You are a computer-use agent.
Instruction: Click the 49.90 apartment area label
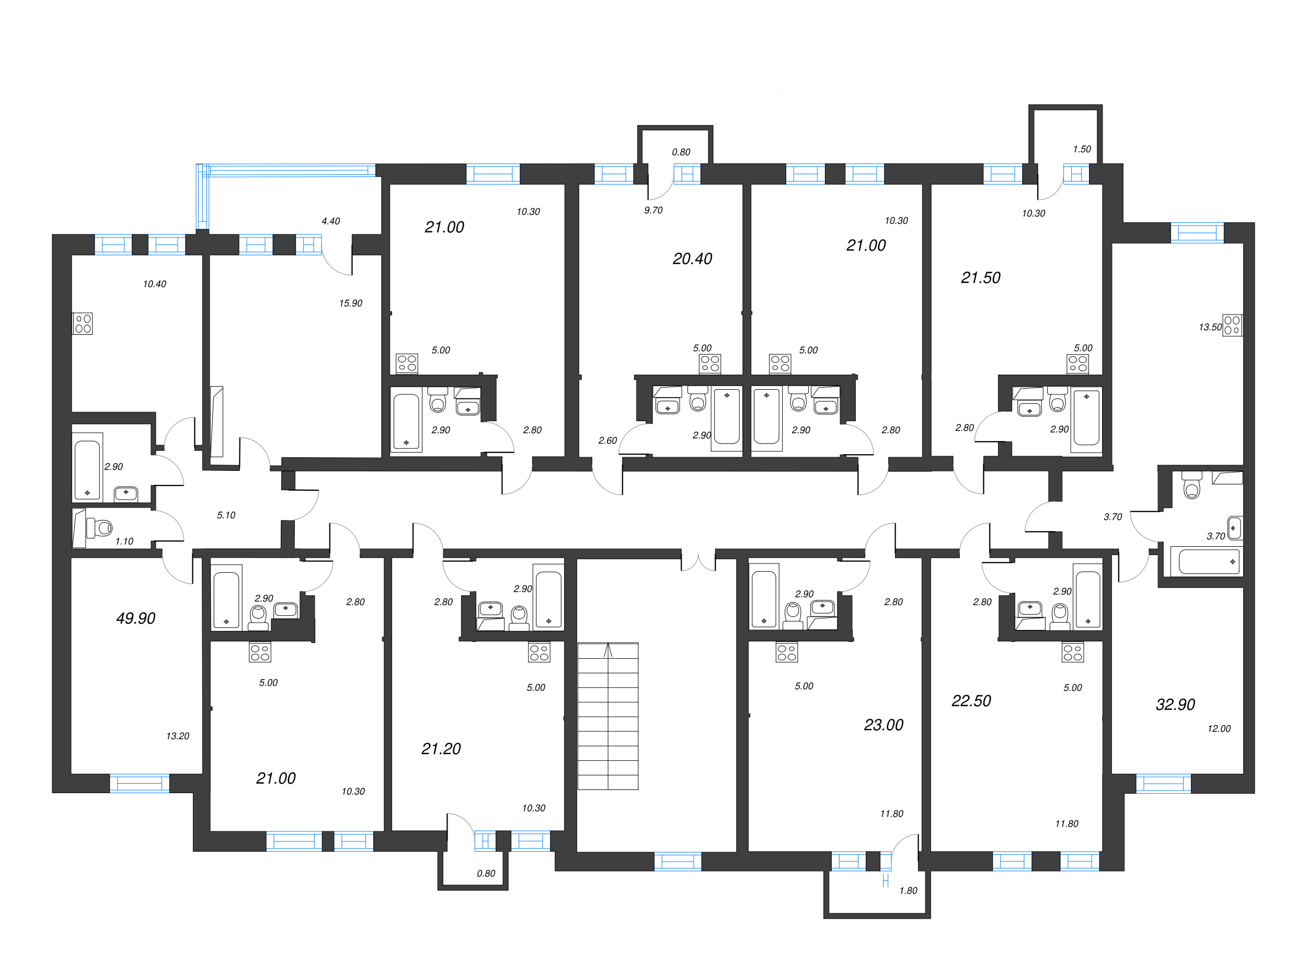coord(136,618)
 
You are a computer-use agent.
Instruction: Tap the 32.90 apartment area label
coord(1175,704)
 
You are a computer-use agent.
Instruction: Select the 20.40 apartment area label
coord(692,258)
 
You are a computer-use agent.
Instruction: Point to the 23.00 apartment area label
coord(883,725)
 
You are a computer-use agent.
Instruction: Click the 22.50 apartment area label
coord(971,701)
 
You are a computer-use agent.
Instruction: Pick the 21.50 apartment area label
coord(980,277)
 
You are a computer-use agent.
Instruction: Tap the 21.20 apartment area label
coord(441,749)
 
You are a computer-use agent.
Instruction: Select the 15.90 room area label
coord(351,303)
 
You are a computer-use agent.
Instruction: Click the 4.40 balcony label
coord(331,221)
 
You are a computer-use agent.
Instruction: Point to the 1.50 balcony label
coord(1082,149)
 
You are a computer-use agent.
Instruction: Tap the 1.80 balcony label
coord(908,890)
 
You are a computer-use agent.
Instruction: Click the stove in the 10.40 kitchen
coord(83,323)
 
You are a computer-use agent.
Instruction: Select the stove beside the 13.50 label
coord(1232,325)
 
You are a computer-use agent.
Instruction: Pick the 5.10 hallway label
coord(226,515)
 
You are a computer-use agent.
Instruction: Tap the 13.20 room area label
coord(177,736)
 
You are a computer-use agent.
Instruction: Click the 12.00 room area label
coord(1218,729)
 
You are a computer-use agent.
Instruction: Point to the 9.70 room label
coord(653,210)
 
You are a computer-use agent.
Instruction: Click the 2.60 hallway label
coord(607,440)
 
